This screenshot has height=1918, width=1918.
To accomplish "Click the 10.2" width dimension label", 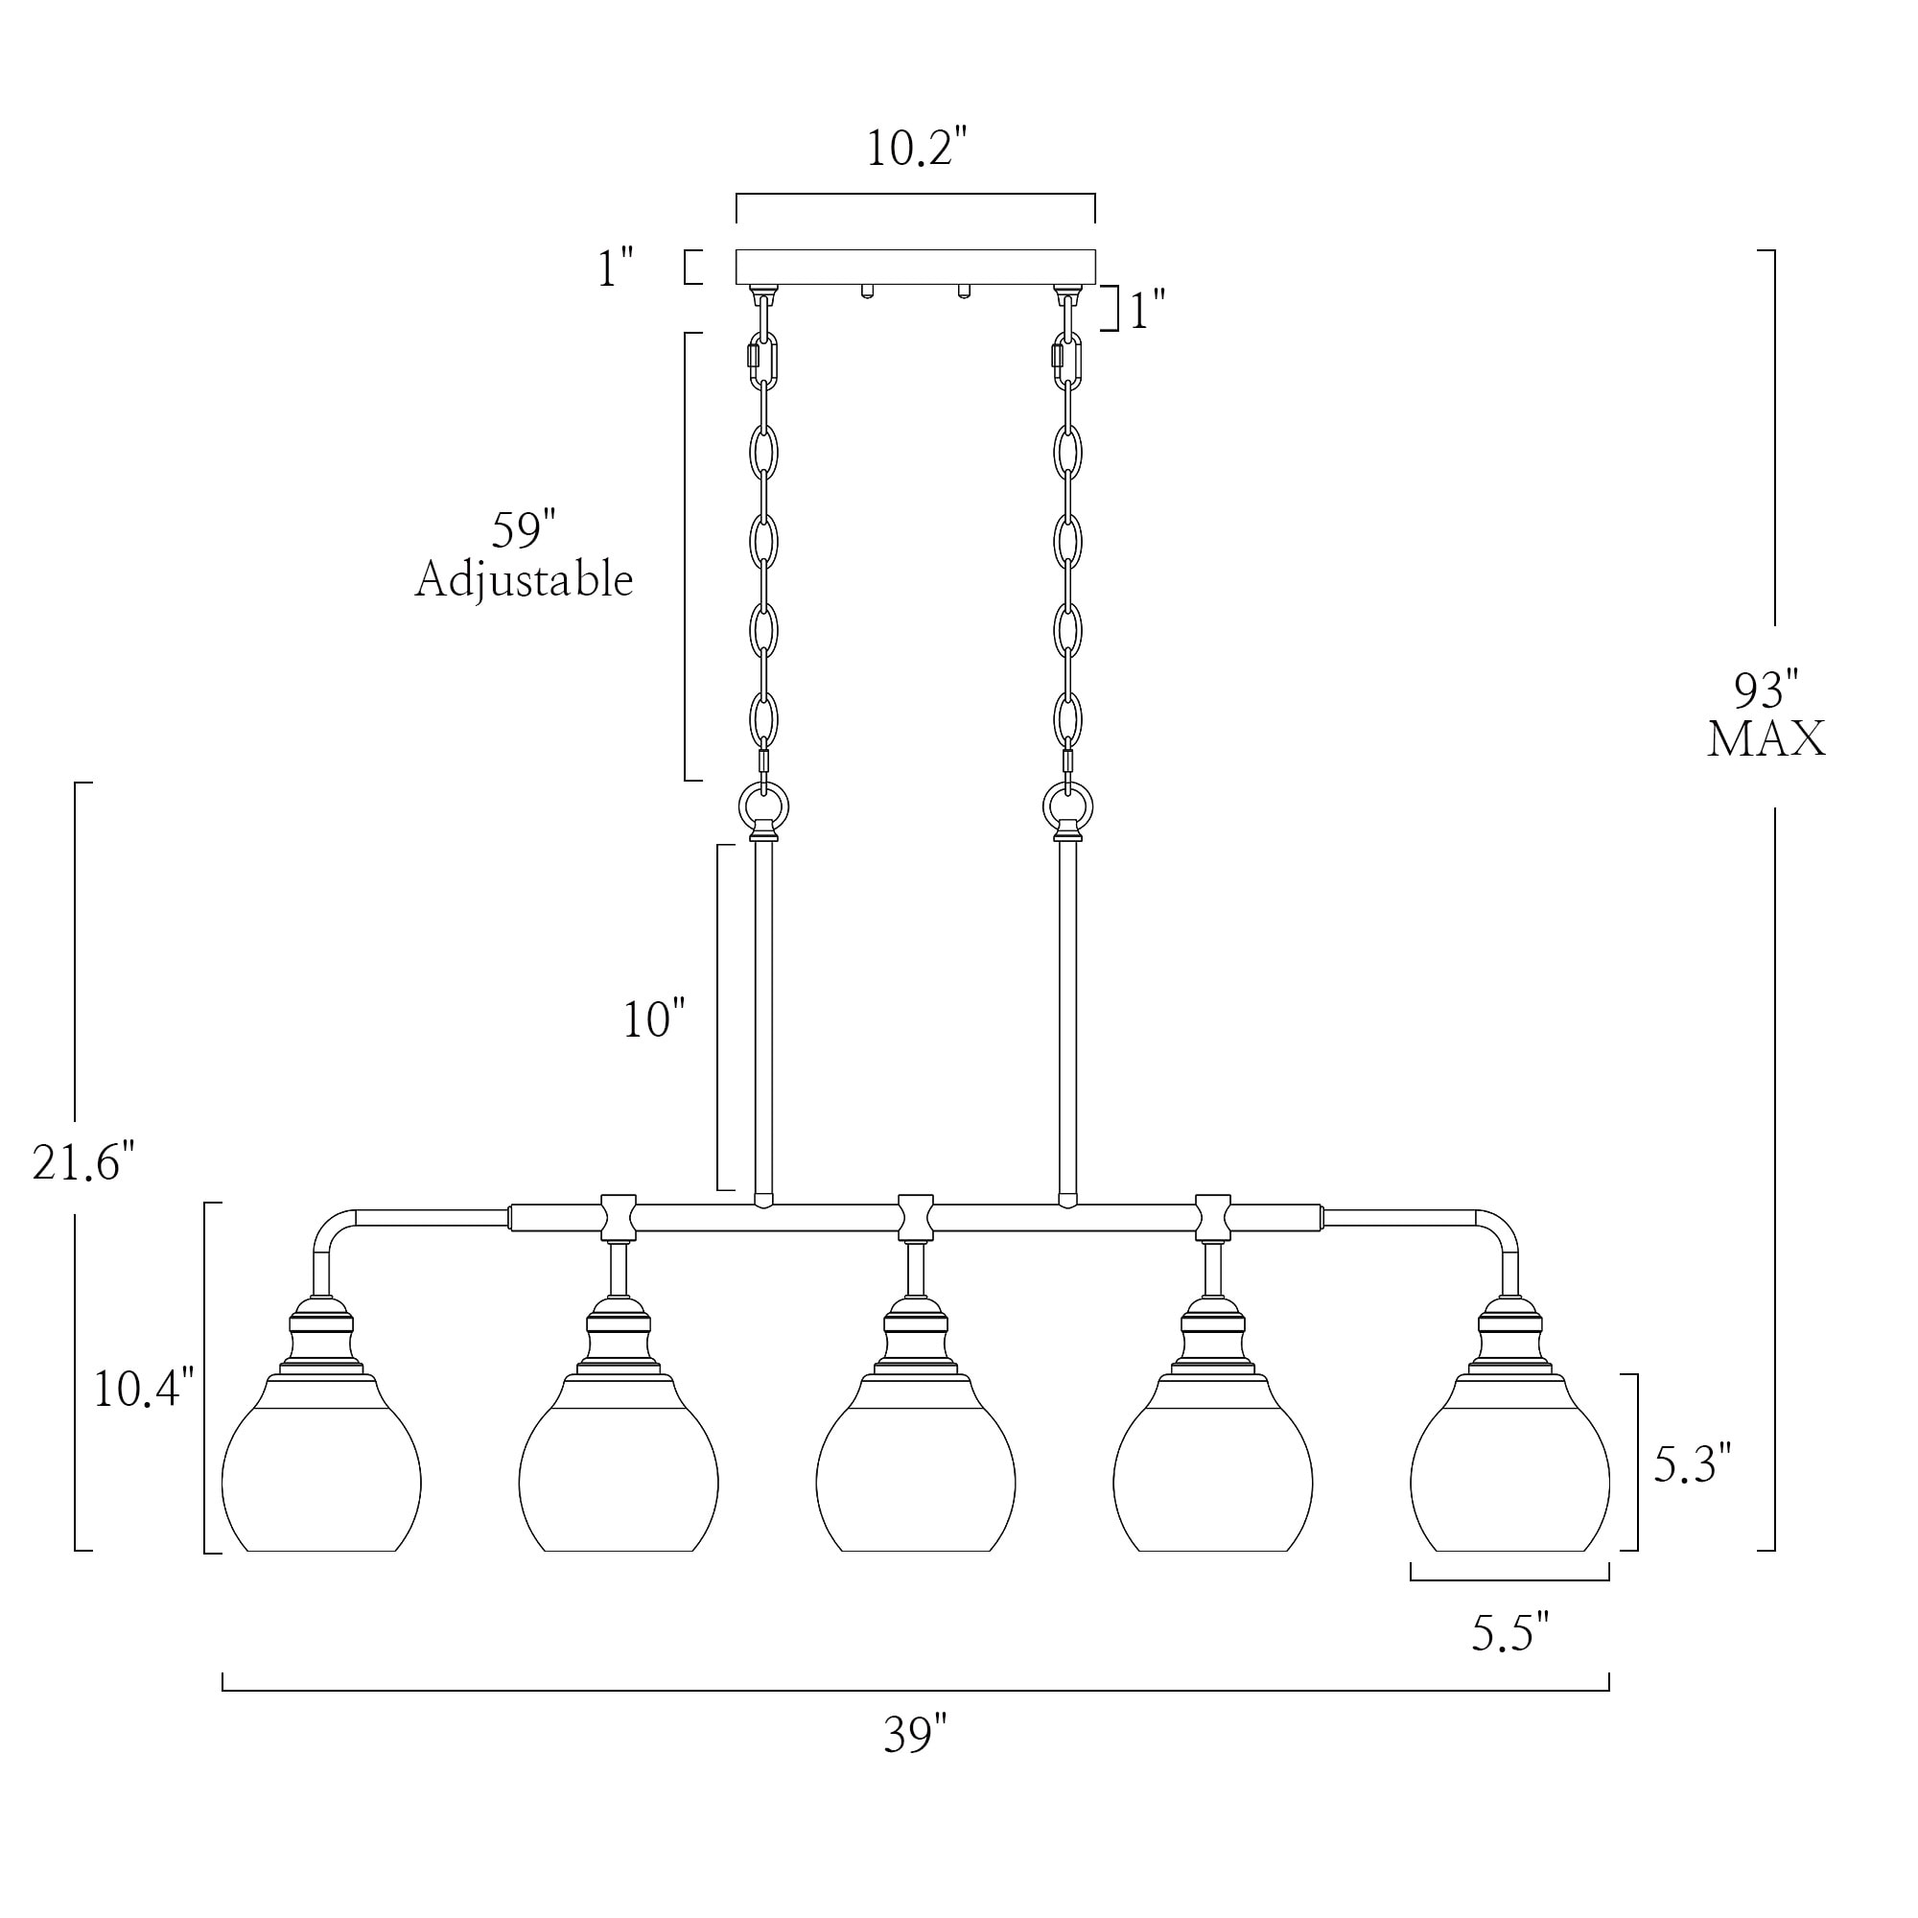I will (x=915, y=149).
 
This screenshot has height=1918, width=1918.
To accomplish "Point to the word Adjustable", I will (x=525, y=580).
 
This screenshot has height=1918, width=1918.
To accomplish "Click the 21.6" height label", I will (x=82, y=1161).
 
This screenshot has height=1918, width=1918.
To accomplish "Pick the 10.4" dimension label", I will (x=143, y=1388).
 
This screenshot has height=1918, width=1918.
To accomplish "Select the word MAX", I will (x=1766, y=739).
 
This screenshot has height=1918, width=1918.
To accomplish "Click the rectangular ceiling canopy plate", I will (x=915, y=267).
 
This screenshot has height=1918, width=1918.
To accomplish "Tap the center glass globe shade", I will (x=915, y=1479).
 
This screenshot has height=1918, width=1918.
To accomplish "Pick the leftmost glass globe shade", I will (x=320, y=1479).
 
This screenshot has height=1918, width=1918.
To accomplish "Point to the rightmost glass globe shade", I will (x=1509, y=1479).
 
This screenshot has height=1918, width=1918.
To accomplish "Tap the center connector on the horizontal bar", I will (x=915, y=1216).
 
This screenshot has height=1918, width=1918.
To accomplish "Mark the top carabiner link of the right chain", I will (x=1068, y=362).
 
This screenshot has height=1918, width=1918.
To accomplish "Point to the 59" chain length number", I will (x=524, y=531).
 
